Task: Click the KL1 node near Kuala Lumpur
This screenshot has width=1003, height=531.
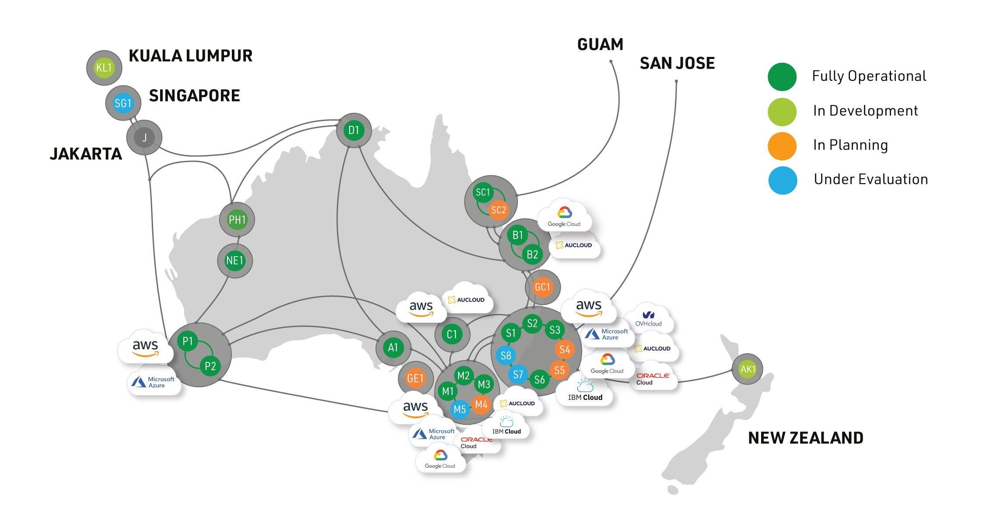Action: coord(104,68)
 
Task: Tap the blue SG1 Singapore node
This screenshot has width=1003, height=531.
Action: coord(123,103)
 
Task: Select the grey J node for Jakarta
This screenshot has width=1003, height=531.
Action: coord(144,138)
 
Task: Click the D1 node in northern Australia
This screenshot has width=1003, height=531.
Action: coord(354,130)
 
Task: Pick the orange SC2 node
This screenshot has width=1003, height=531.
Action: coord(498,210)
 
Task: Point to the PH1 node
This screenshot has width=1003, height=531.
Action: coord(237,219)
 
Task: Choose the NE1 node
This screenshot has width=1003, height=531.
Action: coord(235,261)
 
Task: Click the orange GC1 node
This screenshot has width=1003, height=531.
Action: coord(542,287)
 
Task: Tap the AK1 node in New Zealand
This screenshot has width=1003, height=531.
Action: coord(748,369)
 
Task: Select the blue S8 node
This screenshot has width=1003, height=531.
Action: coord(506,355)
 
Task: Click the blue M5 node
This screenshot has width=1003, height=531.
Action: coord(460,410)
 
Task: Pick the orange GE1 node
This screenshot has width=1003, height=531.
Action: coord(415,378)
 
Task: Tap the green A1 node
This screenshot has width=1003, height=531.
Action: coord(393,348)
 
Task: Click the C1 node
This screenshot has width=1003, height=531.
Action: coord(452,335)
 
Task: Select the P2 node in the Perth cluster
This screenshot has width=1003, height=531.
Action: coord(210,366)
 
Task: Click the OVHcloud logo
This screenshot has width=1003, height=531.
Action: coord(648,318)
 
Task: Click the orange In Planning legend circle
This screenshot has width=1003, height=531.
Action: coord(782,146)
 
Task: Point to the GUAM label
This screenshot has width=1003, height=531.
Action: coord(600,45)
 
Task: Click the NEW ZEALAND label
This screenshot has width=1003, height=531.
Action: coord(806,438)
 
